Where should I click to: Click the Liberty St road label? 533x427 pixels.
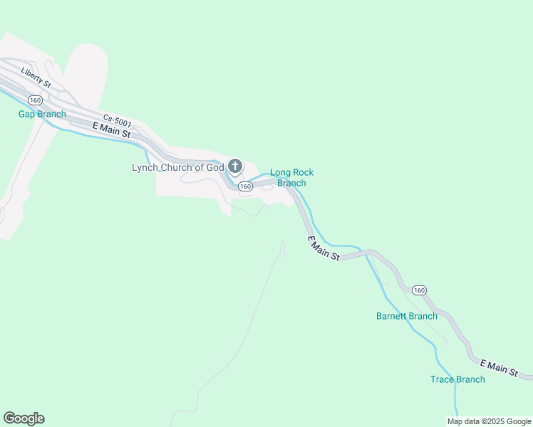[x=36, y=78]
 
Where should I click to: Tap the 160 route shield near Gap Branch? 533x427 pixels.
[x=35, y=100]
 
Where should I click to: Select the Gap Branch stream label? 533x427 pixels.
[x=42, y=114]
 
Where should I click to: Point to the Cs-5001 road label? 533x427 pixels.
[x=117, y=122]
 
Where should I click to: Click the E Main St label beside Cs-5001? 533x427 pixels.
[x=112, y=130]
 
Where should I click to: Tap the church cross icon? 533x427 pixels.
[x=234, y=167]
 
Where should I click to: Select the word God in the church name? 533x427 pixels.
[x=214, y=168]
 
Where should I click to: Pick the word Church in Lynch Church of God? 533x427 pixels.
[x=182, y=168]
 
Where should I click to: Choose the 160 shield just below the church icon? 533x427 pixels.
[x=245, y=186]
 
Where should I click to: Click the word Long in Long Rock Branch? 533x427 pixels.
[x=280, y=172]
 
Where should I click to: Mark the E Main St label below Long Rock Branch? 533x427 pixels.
[x=324, y=248]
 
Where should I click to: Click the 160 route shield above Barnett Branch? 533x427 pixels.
[x=419, y=290]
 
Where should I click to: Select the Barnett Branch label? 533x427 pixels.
[x=407, y=316]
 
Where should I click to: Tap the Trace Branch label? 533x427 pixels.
[x=457, y=379]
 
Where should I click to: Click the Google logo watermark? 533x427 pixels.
[x=24, y=418]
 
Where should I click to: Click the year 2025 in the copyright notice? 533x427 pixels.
[x=493, y=421]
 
